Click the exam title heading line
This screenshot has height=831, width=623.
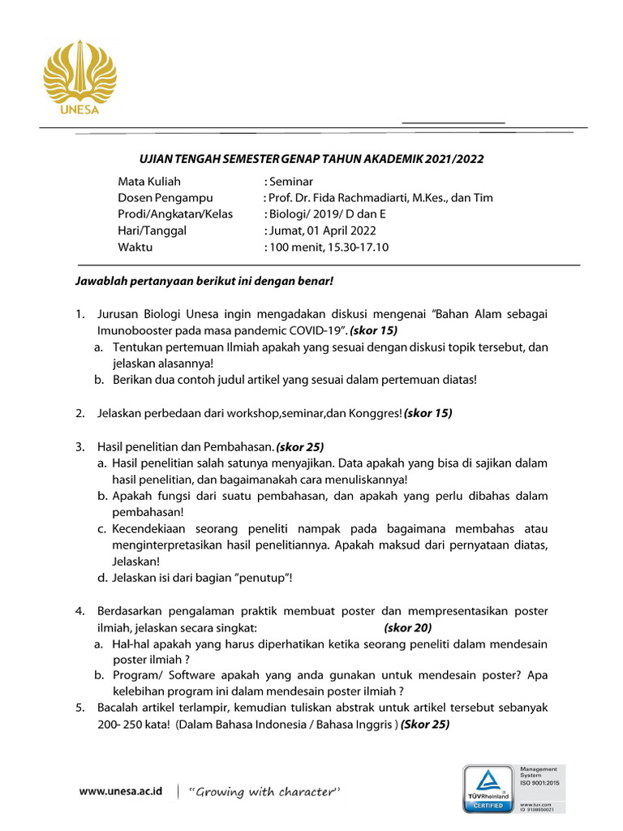click(312, 159)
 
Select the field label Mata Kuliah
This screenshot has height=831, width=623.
click(149, 182)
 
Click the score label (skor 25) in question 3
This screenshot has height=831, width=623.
click(300, 446)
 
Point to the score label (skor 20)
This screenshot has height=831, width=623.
click(407, 627)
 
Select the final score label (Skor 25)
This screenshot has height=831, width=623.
click(425, 725)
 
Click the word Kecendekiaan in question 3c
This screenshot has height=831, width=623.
click(150, 528)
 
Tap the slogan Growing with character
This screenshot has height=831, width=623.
click(263, 791)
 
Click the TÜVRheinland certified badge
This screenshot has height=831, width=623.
click(487, 787)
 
